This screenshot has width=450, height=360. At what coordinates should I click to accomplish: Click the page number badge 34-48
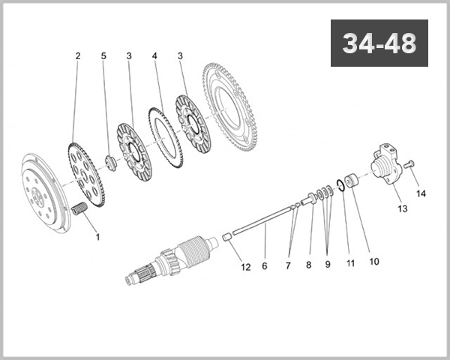379,43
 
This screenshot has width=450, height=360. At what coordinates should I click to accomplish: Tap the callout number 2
76,56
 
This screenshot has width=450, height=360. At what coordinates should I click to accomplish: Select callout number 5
103,56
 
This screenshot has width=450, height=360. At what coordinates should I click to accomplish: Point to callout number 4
154,56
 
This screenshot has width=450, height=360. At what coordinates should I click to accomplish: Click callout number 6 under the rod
264,266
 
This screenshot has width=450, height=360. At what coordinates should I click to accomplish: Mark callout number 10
374,261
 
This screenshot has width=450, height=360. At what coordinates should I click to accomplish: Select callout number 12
245,266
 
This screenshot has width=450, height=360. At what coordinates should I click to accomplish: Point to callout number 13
403,208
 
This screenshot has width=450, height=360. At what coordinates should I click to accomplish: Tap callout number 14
421,193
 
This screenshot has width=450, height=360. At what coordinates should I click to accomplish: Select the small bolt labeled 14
409,164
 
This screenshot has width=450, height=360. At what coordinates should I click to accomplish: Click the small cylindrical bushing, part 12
223,238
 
